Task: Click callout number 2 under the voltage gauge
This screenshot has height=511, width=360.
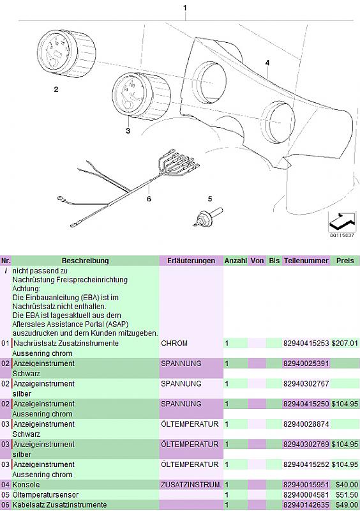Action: (56, 89)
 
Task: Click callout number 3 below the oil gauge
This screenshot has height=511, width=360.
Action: (128, 131)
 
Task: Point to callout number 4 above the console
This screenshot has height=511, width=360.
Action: (267, 63)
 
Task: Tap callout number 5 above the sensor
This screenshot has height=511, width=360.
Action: (210, 199)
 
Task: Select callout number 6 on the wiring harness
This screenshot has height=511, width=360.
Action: (149, 199)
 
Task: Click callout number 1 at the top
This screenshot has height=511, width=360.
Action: (185, 8)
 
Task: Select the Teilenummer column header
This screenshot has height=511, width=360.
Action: (306, 261)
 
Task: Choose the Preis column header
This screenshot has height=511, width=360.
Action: (345, 261)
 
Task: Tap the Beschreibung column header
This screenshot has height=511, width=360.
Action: (85, 261)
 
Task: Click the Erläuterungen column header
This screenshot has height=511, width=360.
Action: (191, 261)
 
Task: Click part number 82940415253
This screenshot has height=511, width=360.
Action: (306, 343)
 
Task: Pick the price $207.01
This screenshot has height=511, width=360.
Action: (345, 343)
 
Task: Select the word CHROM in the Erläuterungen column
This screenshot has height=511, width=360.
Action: (174, 343)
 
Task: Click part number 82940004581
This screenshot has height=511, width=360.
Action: (306, 494)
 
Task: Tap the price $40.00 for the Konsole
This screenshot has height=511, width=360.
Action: (347, 485)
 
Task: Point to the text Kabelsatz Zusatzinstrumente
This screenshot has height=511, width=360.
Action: (59, 505)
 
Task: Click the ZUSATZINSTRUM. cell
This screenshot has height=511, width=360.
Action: (191, 485)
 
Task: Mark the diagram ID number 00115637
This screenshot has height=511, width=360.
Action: (341, 235)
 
